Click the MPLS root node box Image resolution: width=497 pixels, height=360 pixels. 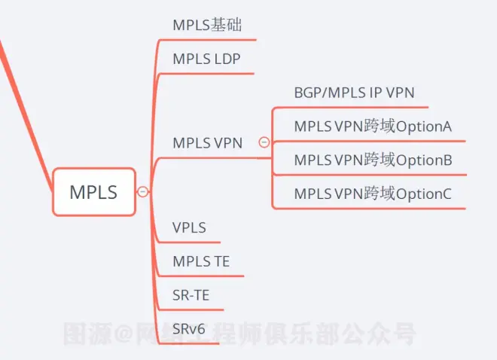tap(94, 192)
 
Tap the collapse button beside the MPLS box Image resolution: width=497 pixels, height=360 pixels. tap(142, 192)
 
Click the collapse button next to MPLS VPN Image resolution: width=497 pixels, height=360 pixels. tap(264, 142)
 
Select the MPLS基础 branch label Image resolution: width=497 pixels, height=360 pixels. tap(207, 25)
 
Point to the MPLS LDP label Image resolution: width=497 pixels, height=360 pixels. tap(206, 59)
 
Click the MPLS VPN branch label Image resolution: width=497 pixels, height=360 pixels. tap(207, 143)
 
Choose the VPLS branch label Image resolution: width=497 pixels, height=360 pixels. tap(189, 227)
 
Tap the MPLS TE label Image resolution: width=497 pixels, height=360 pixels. tap(201, 261)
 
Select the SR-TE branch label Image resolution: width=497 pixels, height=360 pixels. tap(191, 295)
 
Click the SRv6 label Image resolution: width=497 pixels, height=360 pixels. tap(188, 329)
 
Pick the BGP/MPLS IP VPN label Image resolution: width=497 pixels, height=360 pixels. tap(354, 93)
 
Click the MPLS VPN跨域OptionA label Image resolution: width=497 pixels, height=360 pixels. tap(373, 126)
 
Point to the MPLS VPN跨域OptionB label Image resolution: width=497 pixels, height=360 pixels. tap(373, 160)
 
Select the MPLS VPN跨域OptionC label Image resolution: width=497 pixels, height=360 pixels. tap(373, 194)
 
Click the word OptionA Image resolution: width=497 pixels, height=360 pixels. tap(424, 127)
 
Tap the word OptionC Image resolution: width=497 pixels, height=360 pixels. tap(424, 194)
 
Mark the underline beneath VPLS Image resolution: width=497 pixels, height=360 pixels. tap(189, 243)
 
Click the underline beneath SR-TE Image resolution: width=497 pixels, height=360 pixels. tap(191, 310)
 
